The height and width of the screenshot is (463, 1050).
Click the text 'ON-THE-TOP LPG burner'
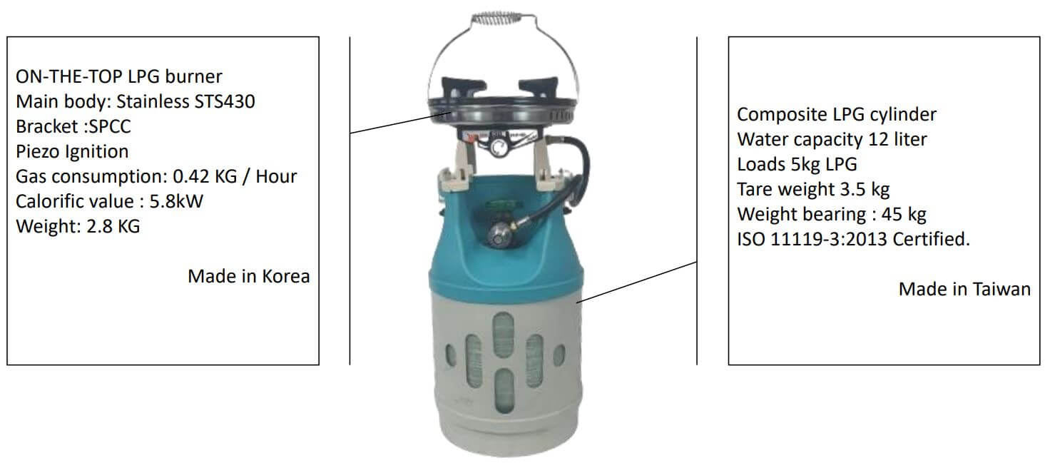point(119,76)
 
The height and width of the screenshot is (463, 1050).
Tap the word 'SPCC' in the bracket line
point(110,126)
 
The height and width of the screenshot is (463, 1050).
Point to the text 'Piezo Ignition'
point(72,151)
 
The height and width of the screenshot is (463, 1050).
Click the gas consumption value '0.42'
point(190,176)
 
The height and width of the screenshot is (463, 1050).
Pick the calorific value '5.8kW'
point(176,201)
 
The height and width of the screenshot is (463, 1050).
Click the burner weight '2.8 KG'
point(113,226)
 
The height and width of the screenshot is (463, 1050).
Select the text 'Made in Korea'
point(248,277)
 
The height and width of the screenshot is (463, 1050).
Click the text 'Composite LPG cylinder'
point(836,114)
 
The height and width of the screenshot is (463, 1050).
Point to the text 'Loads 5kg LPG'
point(797,164)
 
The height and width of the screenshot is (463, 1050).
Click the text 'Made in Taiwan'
point(964,289)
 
